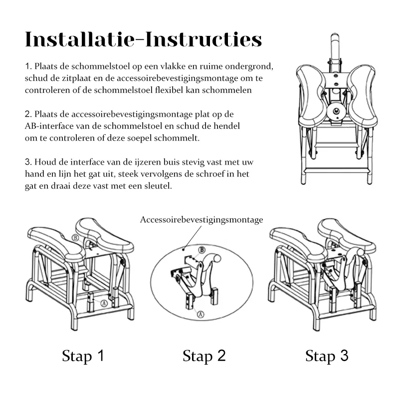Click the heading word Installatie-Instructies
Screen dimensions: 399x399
point(144,39)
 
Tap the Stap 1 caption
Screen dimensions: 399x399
point(83,356)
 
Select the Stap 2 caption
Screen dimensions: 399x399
point(204,356)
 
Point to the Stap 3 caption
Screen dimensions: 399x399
point(327,356)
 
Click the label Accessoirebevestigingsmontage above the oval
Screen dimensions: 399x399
point(201,219)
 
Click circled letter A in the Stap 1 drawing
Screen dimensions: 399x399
point(104,303)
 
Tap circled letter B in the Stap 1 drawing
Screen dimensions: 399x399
point(75,238)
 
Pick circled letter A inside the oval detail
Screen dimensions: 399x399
point(201,314)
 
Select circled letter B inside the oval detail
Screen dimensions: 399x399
point(201,250)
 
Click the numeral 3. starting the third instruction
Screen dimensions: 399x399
point(28,162)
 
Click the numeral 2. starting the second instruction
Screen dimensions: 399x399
point(28,114)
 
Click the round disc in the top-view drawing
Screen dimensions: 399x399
point(336,111)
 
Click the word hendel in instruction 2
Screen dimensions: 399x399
point(226,126)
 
